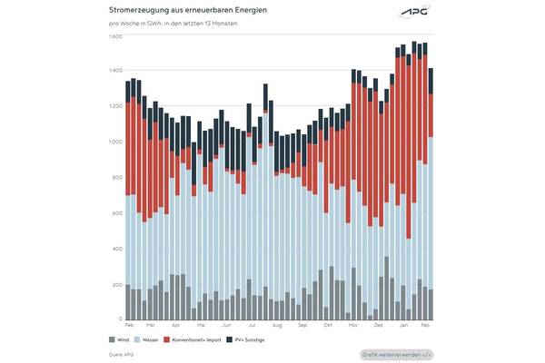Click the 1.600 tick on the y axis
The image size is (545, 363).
click(x=115, y=36)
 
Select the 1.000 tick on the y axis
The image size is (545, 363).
click(x=115, y=142)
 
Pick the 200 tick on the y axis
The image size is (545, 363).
click(x=117, y=285)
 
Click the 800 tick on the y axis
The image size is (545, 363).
click(x=117, y=178)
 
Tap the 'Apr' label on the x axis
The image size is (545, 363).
click(x=176, y=325)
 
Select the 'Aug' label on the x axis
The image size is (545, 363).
click(x=277, y=325)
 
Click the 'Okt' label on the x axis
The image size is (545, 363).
click(x=327, y=325)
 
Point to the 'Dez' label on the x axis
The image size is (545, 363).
click(x=378, y=325)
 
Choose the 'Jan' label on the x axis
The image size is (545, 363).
click(x=402, y=325)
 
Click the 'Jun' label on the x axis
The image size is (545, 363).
click(x=226, y=325)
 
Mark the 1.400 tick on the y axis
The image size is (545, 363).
click(x=115, y=71)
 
